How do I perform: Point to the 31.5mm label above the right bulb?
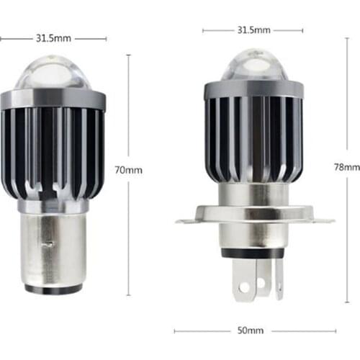[x=253, y=30]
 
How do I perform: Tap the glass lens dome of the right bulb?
[x=252, y=66]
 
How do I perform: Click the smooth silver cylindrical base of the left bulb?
[x=51, y=248]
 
